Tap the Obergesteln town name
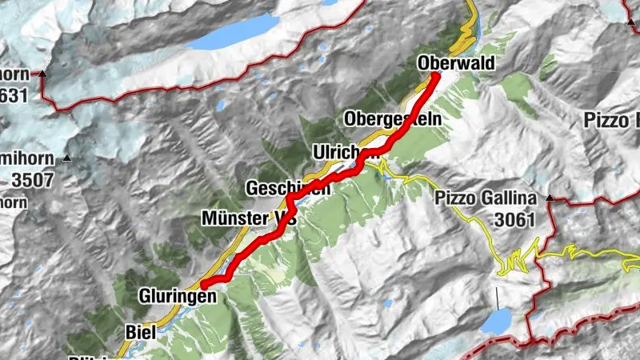[393, 118]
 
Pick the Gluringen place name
[177, 295]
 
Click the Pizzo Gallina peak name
[486, 198]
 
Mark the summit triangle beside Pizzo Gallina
[550, 197]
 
